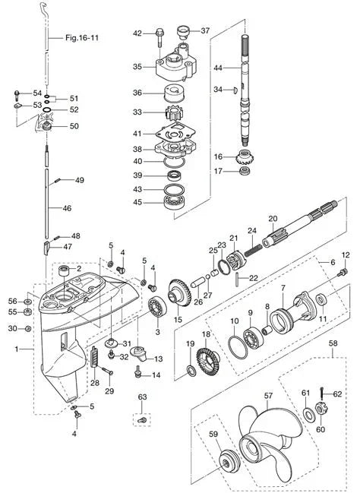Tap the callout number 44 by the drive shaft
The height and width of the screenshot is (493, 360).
tap(217, 68)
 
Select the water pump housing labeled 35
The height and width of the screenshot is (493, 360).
tap(177, 70)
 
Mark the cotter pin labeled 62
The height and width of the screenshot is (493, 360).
tap(324, 395)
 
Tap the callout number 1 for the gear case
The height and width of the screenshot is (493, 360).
tap(18, 349)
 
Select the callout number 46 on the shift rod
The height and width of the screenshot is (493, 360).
tap(66, 207)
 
